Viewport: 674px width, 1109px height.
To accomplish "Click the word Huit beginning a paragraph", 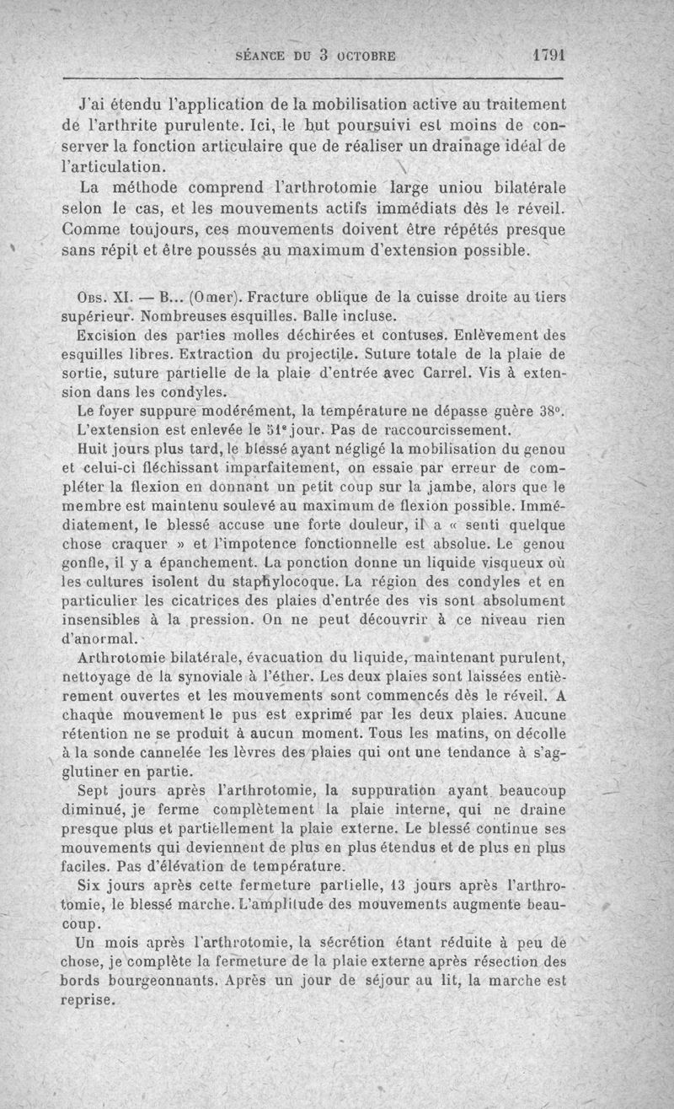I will (x=94, y=449).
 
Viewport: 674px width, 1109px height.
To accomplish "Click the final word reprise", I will (x=87, y=1000).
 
